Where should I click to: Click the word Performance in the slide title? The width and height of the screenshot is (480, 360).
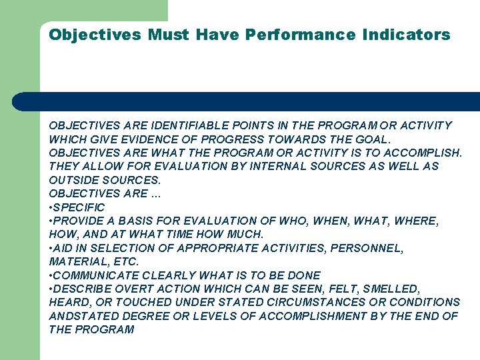[x=300, y=35]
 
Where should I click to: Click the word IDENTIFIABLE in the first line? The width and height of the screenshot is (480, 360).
[x=189, y=125]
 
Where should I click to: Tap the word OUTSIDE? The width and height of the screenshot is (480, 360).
[x=73, y=180]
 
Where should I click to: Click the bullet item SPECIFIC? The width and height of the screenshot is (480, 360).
[x=79, y=207]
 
